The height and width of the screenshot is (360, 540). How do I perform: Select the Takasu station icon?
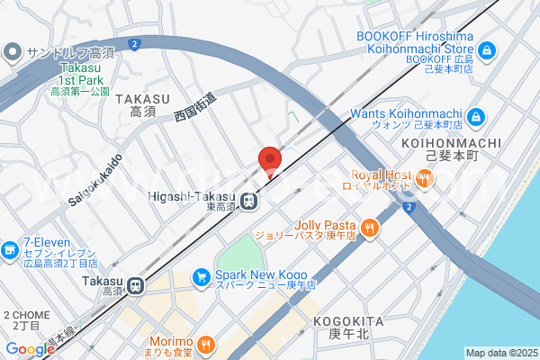tap(136, 285)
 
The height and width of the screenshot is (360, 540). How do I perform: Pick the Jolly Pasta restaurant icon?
tap(369, 228)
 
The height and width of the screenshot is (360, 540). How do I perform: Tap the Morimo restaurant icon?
tap(206, 343)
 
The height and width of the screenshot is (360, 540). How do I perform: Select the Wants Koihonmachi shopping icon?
tap(476, 117)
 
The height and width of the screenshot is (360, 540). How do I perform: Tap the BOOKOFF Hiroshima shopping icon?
tap(487, 49)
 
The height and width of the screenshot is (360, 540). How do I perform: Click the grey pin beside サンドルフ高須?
tap(12, 52)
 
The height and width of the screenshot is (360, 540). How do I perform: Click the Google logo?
tap(30, 348)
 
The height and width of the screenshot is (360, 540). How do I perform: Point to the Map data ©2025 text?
tap(500, 353)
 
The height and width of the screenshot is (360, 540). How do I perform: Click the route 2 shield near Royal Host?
tap(409, 208)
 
